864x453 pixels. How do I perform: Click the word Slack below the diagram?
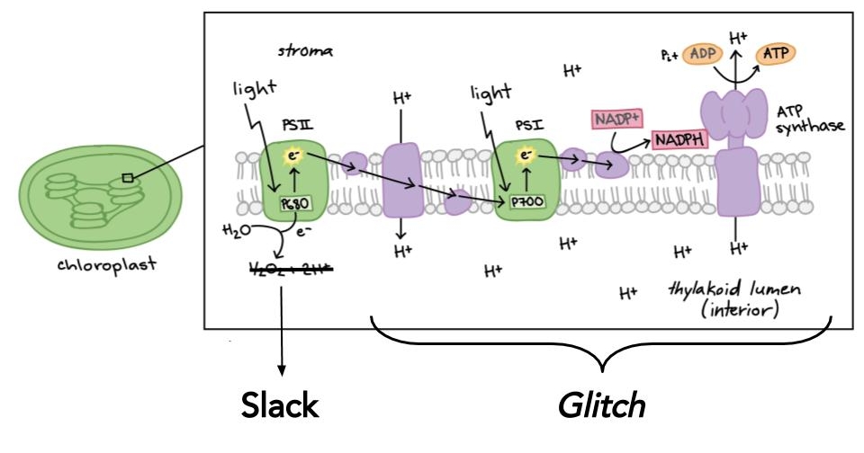(x=279, y=405)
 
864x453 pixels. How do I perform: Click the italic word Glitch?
(x=602, y=405)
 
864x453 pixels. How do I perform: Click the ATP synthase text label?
(x=810, y=118)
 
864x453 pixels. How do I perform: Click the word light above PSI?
(x=490, y=93)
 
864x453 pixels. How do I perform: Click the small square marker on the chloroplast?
(x=129, y=178)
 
